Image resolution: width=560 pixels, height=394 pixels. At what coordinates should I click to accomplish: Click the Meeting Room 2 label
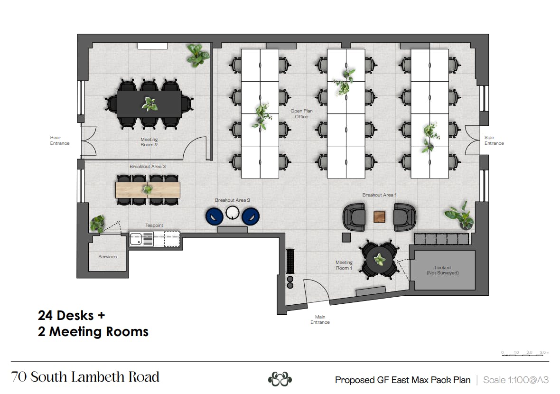tap(149, 142)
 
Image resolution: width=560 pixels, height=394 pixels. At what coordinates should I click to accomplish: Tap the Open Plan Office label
tap(301, 113)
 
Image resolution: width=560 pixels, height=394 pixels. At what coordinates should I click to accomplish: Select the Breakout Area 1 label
tap(379, 195)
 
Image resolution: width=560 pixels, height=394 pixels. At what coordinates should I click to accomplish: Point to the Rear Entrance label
tap(60, 141)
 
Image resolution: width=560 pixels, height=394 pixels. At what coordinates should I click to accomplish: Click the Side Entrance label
tap(494, 141)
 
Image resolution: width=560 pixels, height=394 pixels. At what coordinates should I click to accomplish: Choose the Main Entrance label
tap(320, 319)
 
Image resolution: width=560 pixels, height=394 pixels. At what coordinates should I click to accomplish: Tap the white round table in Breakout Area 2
tap(233, 213)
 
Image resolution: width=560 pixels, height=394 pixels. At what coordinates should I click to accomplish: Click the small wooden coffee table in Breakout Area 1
tap(379, 217)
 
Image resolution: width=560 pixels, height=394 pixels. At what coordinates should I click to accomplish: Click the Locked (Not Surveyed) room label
tap(442, 270)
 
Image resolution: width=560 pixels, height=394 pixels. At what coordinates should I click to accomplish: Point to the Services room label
tap(108, 256)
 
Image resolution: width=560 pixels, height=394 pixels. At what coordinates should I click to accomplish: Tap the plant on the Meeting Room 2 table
tap(149, 104)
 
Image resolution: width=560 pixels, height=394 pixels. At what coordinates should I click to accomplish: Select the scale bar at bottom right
tap(525, 353)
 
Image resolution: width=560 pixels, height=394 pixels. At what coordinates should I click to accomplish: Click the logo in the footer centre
tap(280, 379)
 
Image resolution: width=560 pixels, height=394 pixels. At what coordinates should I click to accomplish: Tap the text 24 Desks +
tap(72, 315)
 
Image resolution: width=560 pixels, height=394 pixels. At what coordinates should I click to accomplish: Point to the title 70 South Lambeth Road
tap(85, 377)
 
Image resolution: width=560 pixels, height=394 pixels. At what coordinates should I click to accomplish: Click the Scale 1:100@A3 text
tap(516, 380)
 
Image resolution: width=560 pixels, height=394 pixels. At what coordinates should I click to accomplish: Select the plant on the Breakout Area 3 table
tap(148, 189)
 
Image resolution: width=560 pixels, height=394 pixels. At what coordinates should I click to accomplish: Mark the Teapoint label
tap(154, 225)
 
